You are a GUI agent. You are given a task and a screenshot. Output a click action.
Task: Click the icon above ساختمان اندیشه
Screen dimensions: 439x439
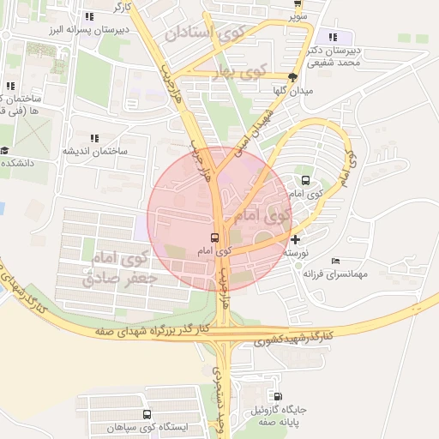(x=93, y=138)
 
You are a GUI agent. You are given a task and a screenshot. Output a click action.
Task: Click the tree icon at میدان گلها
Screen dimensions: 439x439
(x=293, y=77)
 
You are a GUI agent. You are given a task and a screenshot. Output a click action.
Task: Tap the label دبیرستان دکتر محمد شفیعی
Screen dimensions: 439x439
(x=334, y=57)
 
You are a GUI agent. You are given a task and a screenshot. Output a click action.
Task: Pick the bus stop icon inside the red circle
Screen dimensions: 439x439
(x=213, y=238)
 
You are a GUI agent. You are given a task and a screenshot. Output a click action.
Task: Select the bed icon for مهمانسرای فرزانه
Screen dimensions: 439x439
(x=335, y=261)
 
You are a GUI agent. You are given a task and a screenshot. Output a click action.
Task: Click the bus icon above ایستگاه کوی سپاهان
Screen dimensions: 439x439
(x=147, y=414)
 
